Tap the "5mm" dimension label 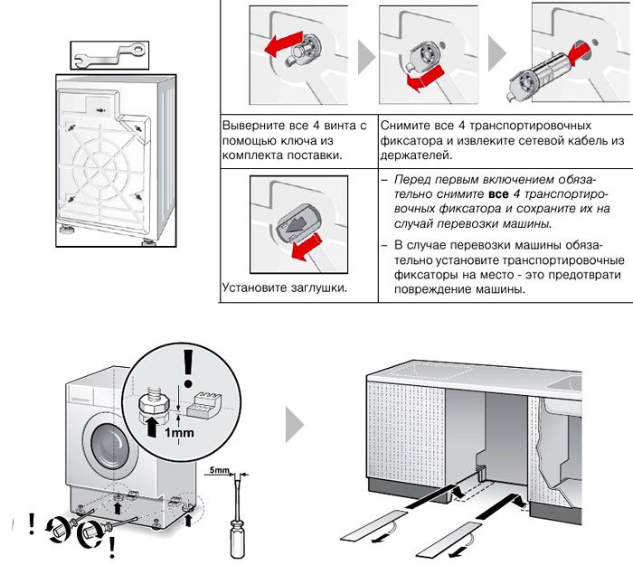click(x=218, y=471)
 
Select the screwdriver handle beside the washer click(x=238, y=540)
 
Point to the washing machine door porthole click(x=108, y=446)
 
